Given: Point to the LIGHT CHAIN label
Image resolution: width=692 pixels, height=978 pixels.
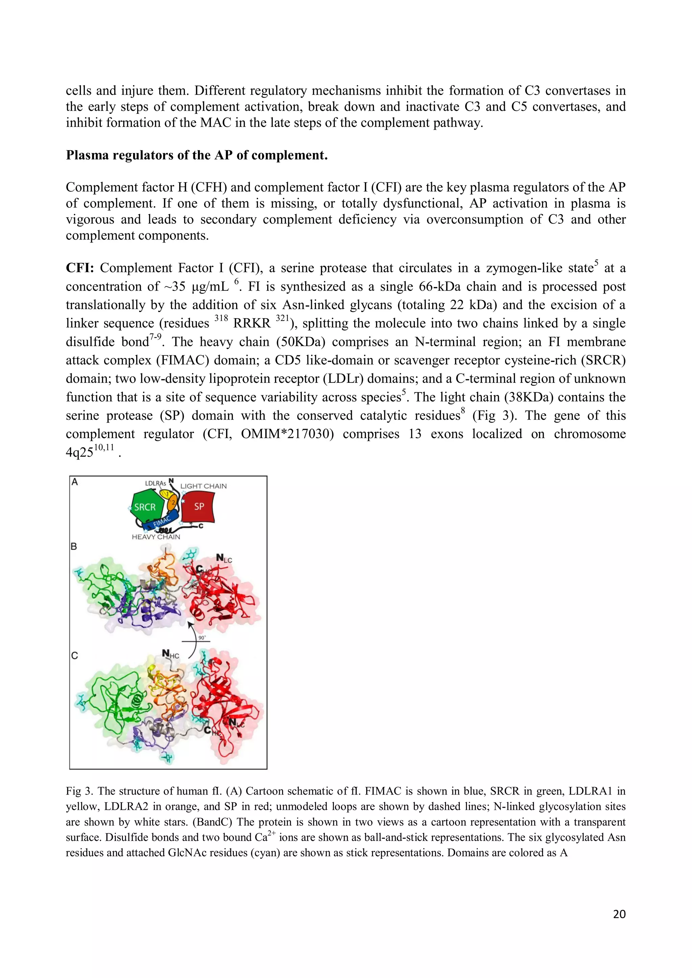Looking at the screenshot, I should click(x=203, y=486).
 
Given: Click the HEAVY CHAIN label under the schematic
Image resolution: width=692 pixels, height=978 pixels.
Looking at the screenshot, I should click(x=156, y=537).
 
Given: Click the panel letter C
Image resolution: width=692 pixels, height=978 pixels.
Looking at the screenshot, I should click(x=75, y=656).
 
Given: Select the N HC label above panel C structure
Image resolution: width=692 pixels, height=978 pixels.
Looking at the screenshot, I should click(x=170, y=654).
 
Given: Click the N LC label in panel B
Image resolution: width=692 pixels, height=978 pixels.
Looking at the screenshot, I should click(x=223, y=558).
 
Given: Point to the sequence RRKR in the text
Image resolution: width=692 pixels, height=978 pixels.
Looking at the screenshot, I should click(x=252, y=323).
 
